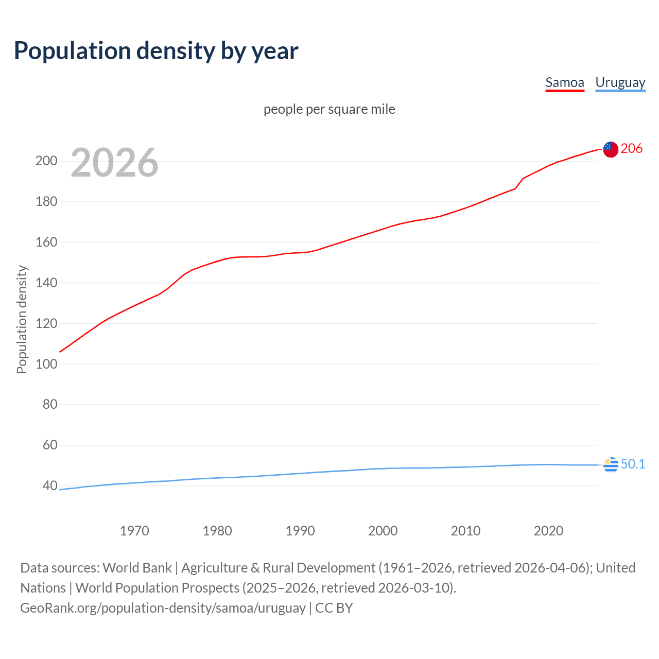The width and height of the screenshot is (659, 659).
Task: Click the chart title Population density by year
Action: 156,51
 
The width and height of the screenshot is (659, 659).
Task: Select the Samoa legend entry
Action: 565,82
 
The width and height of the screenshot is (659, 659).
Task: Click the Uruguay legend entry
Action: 620,82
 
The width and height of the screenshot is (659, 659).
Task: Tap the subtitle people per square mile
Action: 329,109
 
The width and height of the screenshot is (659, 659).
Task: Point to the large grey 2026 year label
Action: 114,163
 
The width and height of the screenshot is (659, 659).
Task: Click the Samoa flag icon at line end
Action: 611,149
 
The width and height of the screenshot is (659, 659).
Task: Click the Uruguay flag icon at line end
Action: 611,464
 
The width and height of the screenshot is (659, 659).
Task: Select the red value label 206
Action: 632,149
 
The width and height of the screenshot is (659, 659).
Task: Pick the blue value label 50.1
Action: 633,464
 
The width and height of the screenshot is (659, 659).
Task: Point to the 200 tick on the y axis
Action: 46,161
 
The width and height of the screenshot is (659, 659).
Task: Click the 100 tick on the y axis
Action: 46,364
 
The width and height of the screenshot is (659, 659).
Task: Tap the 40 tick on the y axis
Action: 50,485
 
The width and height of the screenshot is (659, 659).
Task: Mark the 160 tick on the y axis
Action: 46,242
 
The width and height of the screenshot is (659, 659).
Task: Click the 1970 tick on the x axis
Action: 134,531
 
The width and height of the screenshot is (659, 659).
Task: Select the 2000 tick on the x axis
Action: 383,531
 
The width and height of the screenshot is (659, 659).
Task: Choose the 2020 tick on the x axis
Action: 548,531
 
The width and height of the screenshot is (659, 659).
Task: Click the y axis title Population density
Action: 22,319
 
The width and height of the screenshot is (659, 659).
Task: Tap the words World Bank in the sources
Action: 137,568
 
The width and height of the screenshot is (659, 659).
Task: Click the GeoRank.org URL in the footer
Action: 163,608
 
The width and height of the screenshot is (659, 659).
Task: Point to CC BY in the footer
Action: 334,608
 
